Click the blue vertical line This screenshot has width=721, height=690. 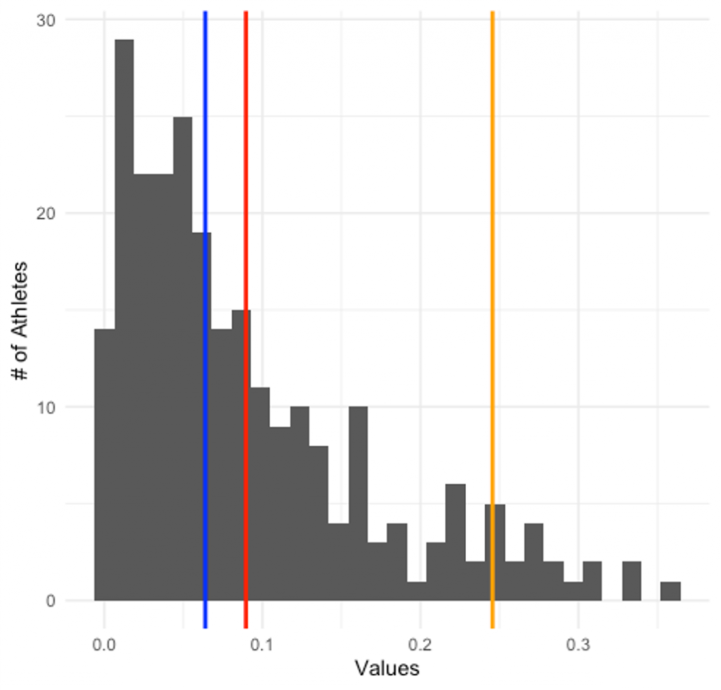click(205, 317)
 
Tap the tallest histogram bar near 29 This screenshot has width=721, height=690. click(124, 317)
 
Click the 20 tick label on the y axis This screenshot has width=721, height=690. click(46, 213)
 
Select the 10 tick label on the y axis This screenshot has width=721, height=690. click(46, 407)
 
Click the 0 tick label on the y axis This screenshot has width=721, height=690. click(51, 601)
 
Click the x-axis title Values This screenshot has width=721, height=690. click(387, 668)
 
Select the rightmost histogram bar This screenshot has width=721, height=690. click(670, 591)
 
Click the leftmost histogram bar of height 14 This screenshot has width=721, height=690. click(104, 465)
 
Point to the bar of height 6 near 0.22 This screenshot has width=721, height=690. click(456, 542)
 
